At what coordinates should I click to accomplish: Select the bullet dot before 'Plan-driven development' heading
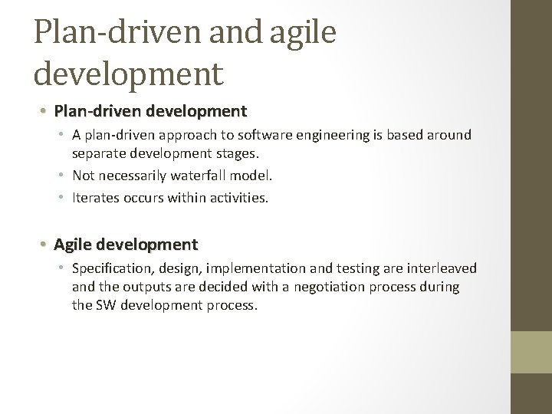point(45,112)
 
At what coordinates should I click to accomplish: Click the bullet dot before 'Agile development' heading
point(45,245)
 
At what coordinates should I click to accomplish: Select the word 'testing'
point(362,268)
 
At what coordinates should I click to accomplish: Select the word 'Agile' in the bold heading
point(72,245)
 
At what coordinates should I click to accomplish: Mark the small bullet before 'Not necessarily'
point(64,175)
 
